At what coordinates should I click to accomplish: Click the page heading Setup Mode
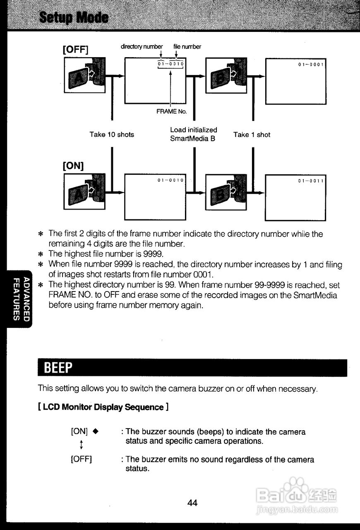point(74,18)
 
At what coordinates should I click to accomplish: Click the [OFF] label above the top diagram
point(76,50)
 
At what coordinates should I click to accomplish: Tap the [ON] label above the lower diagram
point(73,166)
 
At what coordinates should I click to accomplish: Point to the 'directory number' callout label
point(142,47)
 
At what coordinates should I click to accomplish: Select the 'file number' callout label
point(187,47)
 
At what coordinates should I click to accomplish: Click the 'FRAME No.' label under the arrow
point(171,111)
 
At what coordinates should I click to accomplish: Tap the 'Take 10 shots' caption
point(112,135)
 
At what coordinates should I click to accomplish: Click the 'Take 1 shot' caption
point(252,135)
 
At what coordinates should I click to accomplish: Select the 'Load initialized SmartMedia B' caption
point(193,134)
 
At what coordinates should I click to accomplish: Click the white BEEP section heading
point(58,368)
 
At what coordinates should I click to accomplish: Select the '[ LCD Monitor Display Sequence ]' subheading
point(103,407)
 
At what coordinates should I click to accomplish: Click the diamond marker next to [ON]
point(95,431)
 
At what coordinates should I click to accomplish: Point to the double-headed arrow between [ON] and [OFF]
point(82,445)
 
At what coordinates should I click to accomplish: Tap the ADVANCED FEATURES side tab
point(20,299)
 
